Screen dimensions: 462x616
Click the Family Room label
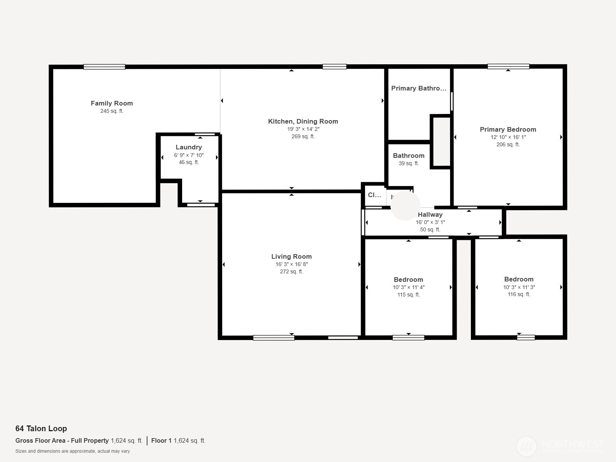coord(112,103)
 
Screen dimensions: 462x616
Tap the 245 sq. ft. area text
coord(112,111)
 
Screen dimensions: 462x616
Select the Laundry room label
coord(189,147)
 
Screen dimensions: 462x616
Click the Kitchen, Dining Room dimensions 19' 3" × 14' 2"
coord(303,129)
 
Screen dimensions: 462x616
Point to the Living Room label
coord(291,256)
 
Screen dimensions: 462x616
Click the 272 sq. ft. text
coord(291,272)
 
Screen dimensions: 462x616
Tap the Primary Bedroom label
coord(508,129)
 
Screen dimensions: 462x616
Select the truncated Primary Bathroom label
coord(418,88)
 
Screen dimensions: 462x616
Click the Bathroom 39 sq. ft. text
coord(408,164)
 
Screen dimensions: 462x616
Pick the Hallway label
coord(430,214)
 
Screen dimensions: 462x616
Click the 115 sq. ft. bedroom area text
coord(408,295)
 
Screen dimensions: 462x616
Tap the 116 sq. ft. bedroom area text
coord(519,295)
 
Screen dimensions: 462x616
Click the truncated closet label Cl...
coord(374,195)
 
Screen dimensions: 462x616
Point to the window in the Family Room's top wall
coord(104,67)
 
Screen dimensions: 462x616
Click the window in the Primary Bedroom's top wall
coord(508,67)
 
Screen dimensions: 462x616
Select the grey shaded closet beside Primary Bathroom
coord(441,141)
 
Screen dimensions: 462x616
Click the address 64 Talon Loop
coord(41,429)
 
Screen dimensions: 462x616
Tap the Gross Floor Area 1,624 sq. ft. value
coord(127,441)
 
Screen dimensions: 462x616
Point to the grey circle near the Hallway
coord(405,206)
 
